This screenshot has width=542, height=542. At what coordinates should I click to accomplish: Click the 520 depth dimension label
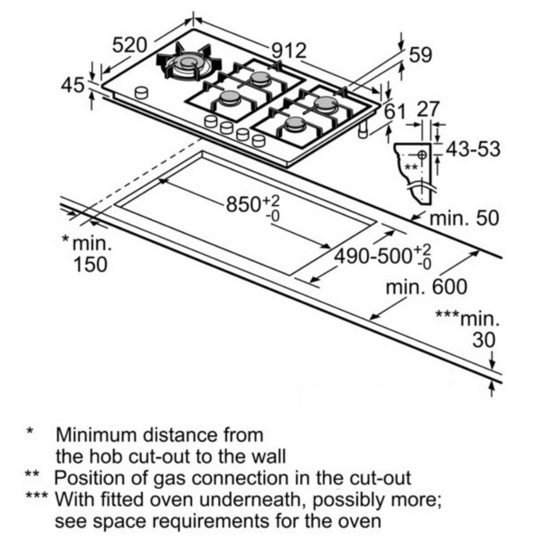[129, 46]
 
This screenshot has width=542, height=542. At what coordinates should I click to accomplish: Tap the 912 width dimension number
[289, 50]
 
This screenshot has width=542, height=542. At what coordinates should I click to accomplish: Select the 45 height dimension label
[72, 86]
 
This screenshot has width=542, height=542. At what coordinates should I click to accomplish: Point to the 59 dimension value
[420, 55]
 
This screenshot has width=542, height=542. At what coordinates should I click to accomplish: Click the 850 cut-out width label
[246, 205]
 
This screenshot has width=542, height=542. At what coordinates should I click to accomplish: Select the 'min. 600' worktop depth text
[426, 288]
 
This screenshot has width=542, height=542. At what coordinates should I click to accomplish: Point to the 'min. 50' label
[464, 218]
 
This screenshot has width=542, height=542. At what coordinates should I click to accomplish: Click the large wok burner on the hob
[189, 63]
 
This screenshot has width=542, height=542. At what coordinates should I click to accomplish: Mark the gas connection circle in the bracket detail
[422, 154]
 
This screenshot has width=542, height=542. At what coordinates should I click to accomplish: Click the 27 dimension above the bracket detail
[428, 110]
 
